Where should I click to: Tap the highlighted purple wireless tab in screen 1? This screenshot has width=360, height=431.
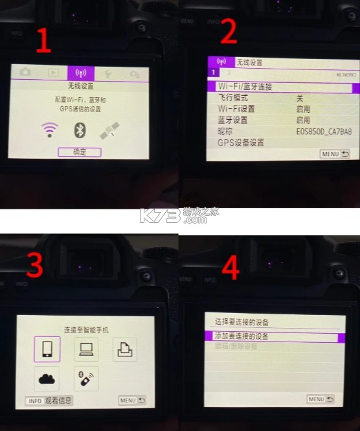pyautogui.click(x=81, y=73)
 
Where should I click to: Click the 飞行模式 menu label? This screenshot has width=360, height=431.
pyautogui.click(x=233, y=98)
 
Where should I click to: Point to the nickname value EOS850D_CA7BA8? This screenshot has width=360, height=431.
pyautogui.click(x=324, y=132)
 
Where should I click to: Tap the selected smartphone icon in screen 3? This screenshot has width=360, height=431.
pyautogui.click(x=47, y=349)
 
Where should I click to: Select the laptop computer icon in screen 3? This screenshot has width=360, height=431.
pyautogui.click(x=85, y=349)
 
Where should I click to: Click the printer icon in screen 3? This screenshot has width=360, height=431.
pyautogui.click(x=124, y=350)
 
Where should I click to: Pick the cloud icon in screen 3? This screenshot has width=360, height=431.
pyautogui.click(x=47, y=379)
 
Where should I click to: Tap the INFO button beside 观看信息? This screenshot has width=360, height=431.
pyautogui.click(x=35, y=401)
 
